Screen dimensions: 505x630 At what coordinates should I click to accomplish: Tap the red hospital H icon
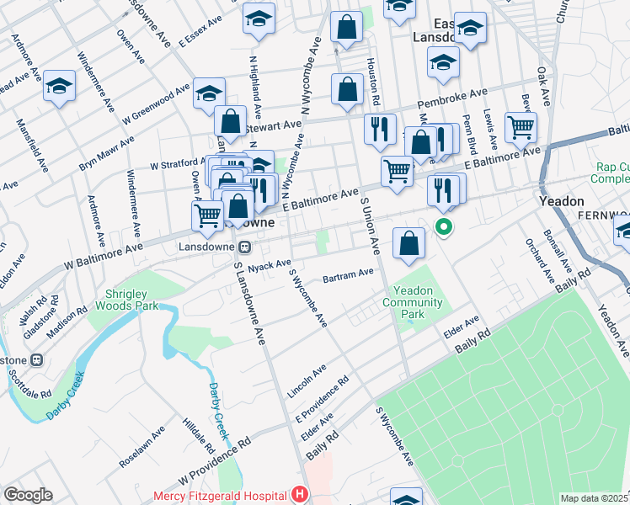[x=297, y=495]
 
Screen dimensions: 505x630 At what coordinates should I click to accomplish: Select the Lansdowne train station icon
[x=245, y=247]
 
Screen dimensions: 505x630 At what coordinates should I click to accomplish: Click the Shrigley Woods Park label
[x=132, y=300]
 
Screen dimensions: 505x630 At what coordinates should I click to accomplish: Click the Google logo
[x=28, y=495]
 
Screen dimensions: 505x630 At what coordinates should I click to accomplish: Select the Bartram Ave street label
[x=349, y=274]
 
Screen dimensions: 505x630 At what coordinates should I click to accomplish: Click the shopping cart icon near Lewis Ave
[x=521, y=127]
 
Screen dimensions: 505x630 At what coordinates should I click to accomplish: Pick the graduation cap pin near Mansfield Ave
[x=59, y=87]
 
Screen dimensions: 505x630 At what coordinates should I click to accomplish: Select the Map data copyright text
[x=595, y=498]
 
